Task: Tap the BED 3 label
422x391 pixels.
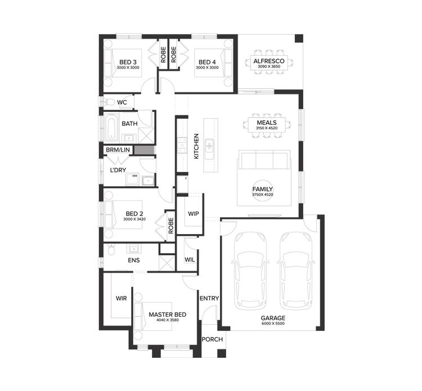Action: [128, 62]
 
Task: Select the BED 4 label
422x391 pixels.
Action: [206, 62]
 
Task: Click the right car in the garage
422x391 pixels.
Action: [296, 270]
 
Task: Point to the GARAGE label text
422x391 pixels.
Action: [273, 318]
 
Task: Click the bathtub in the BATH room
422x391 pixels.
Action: [111, 128]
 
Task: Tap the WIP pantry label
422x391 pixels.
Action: [194, 214]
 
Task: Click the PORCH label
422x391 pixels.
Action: [212, 339]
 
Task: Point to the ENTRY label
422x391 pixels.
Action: [209, 298]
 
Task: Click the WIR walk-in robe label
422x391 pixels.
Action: [120, 298]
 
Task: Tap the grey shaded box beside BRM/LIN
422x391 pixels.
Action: [143, 150]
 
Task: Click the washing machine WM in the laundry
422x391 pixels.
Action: [134, 177]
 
